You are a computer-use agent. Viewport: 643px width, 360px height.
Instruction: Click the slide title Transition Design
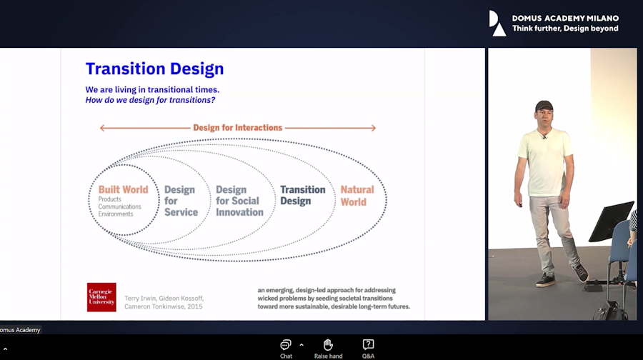tap(154, 69)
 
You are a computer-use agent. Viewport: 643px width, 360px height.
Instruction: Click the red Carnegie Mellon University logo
tap(101, 297)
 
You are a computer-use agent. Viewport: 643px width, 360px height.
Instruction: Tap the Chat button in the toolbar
tap(286, 349)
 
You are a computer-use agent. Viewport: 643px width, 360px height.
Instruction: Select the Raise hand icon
tap(328, 345)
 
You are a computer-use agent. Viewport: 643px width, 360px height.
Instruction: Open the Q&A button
tap(368, 349)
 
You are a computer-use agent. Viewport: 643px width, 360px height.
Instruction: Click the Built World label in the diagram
tap(123, 189)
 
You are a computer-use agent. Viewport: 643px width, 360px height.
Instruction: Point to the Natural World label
tap(357, 196)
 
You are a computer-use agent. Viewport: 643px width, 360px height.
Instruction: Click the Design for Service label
tap(181, 201)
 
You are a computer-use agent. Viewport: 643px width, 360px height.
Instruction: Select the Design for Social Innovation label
tap(239, 201)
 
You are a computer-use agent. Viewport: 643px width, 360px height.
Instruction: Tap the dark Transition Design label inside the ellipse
tap(303, 195)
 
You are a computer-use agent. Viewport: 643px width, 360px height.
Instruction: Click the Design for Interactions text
tap(238, 128)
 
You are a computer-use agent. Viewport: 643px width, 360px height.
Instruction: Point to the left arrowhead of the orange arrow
tap(102, 128)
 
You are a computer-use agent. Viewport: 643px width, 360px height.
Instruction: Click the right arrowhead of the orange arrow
tap(373, 128)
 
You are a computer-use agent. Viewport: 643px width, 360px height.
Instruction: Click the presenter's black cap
tap(544, 106)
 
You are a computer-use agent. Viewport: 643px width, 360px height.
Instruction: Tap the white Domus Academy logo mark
tap(497, 24)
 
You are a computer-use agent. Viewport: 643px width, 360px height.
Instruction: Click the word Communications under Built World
tap(119, 206)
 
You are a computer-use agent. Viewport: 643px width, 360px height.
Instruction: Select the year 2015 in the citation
tap(195, 306)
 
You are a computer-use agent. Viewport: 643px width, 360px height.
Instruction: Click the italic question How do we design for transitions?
tap(150, 100)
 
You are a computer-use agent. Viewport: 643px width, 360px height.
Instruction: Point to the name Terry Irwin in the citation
tap(140, 299)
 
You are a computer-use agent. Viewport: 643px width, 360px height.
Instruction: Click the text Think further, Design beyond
tap(565, 29)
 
